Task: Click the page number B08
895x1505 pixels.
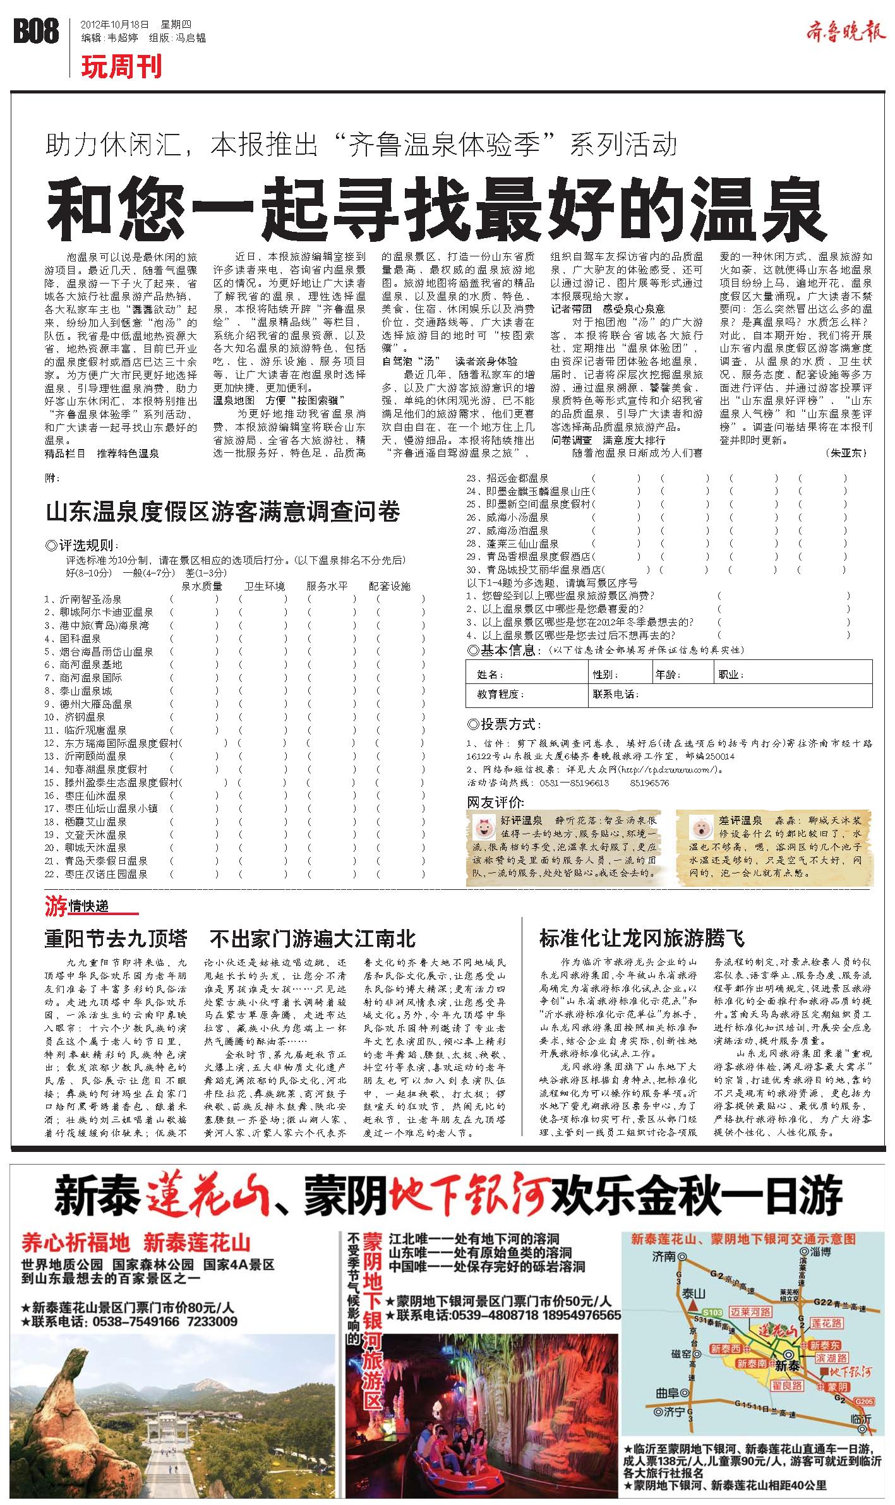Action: tap(37, 32)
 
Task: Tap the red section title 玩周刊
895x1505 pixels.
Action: tap(121, 66)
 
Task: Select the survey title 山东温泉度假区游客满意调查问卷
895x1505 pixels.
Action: tap(223, 512)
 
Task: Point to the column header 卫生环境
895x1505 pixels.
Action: tap(264, 585)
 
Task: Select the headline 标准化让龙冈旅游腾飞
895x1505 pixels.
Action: tap(642, 938)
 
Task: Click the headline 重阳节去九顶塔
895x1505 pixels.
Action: tap(116, 939)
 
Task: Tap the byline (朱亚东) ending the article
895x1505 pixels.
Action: tap(846, 453)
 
